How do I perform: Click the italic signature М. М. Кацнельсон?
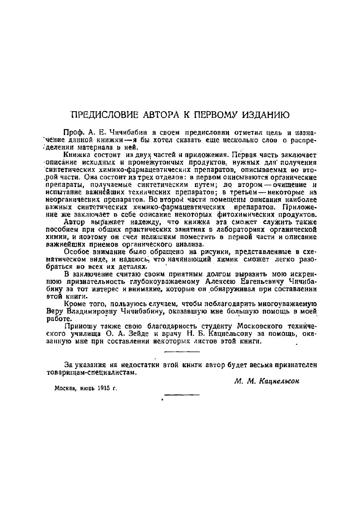[x=267, y=381]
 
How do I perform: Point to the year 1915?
[x=102, y=388]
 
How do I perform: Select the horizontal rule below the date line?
[x=182, y=394]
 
